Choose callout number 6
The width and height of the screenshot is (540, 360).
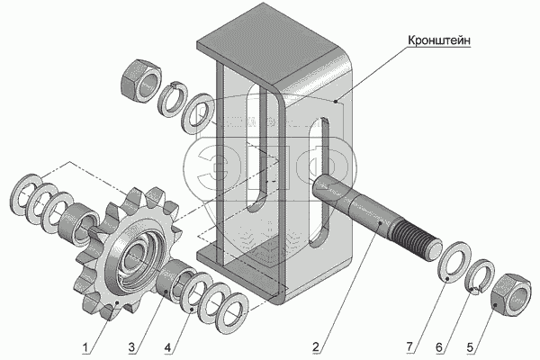coord(439,345)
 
